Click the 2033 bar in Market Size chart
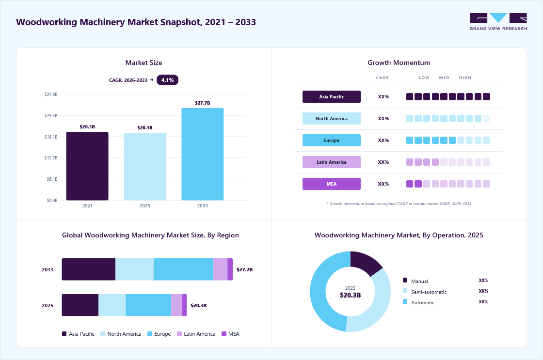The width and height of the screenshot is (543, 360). click(x=202, y=154)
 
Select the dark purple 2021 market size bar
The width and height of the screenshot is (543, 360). click(x=87, y=166)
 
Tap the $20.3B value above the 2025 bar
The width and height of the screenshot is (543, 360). click(x=145, y=128)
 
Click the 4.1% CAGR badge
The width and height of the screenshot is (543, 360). click(x=167, y=80)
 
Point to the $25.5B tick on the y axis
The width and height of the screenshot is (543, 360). click(x=51, y=116)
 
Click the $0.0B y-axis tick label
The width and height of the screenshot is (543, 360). click(x=52, y=201)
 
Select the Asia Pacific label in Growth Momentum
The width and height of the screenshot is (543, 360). click(x=332, y=96)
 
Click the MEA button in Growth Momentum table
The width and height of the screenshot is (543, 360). click(x=332, y=184)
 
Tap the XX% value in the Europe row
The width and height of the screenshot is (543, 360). click(x=383, y=140)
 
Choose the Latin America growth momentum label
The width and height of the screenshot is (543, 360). click(x=332, y=162)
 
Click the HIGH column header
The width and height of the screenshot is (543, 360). click(x=465, y=78)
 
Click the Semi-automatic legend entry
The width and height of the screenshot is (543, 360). click(x=425, y=292)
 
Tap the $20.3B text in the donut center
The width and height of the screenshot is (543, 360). click(x=350, y=295)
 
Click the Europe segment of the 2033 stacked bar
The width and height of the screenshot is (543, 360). click(x=183, y=269)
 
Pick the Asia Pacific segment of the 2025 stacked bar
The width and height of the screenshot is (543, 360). click(x=80, y=305)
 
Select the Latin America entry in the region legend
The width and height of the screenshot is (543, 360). click(x=196, y=334)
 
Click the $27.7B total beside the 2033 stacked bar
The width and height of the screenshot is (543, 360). click(x=244, y=270)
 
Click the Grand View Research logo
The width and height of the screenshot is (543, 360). click(x=498, y=22)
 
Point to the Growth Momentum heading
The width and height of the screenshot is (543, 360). click(x=399, y=63)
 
